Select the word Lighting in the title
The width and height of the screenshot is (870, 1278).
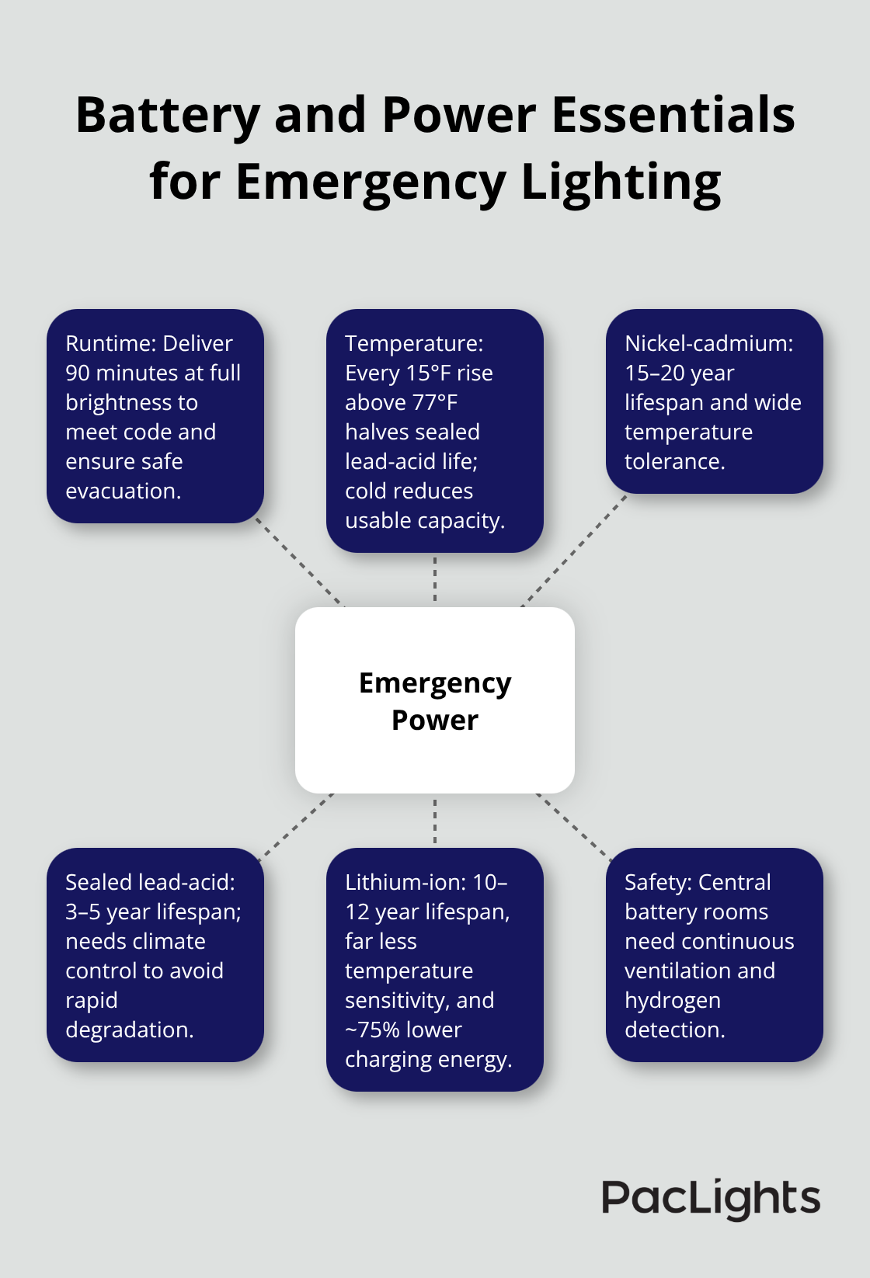tap(621, 183)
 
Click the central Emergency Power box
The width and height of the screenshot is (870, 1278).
tap(435, 700)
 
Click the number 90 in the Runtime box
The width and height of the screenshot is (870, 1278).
tap(78, 373)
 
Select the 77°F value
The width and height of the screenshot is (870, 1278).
tap(435, 402)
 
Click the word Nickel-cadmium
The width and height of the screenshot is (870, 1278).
tap(708, 343)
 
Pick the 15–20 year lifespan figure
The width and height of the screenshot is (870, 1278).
tap(679, 373)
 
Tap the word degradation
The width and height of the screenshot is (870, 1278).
tap(129, 1030)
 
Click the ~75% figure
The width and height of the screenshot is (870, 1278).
tap(370, 1030)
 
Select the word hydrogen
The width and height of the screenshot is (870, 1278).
tap(673, 1000)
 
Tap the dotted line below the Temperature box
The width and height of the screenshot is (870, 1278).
tap(435, 579)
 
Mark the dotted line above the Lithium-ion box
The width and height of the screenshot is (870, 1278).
tap(435, 821)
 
